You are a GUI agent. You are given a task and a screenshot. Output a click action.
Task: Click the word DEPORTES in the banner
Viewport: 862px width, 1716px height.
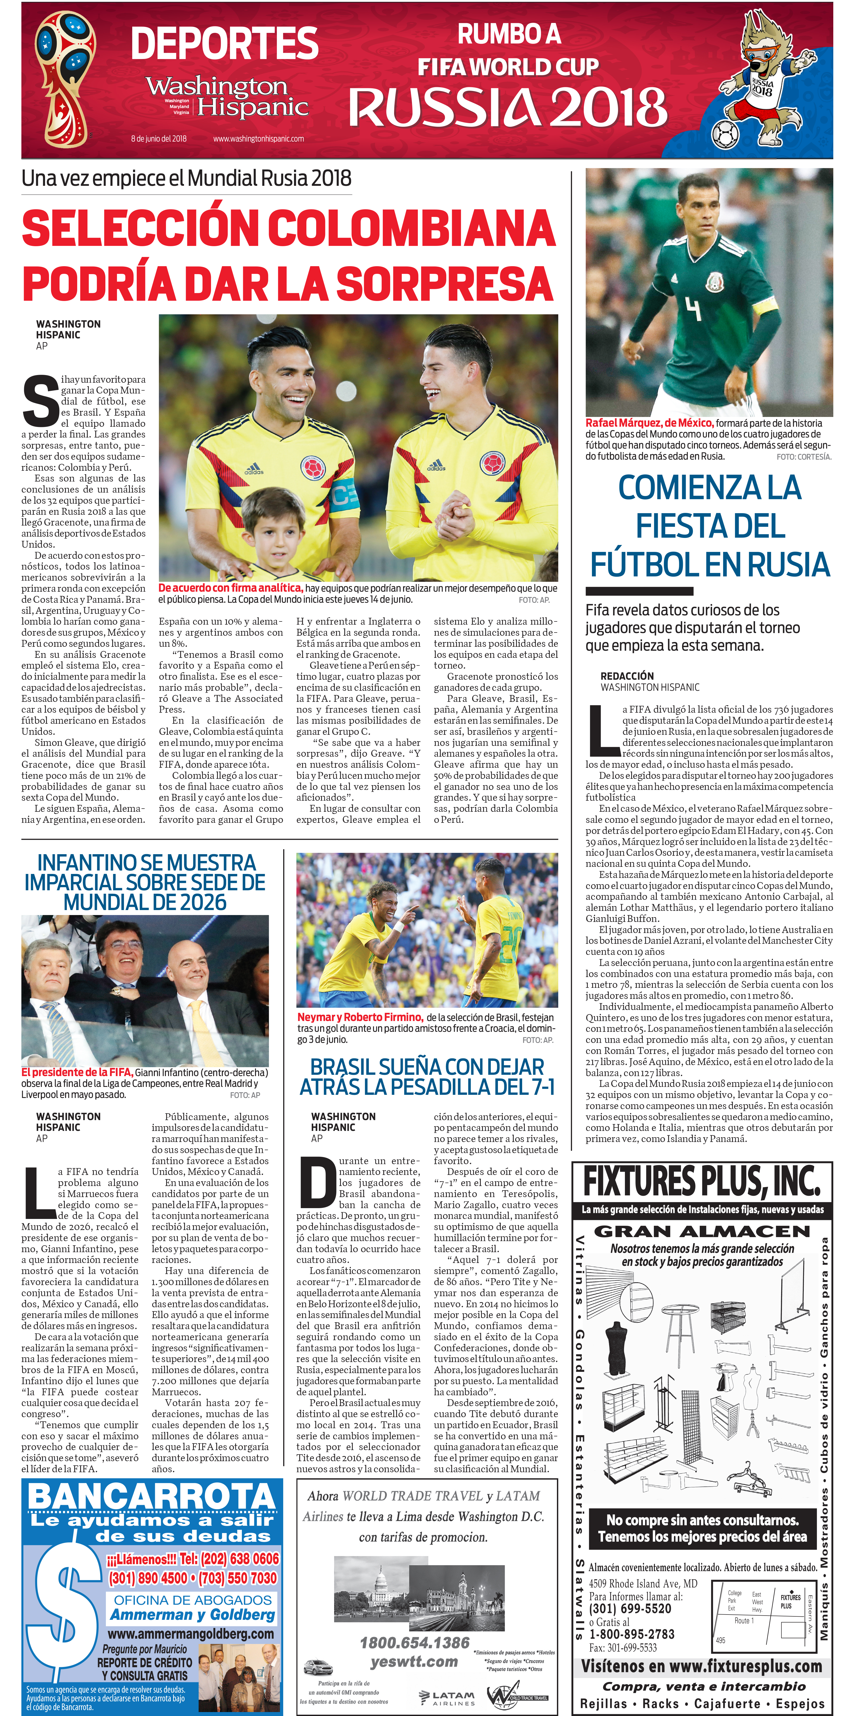(224, 44)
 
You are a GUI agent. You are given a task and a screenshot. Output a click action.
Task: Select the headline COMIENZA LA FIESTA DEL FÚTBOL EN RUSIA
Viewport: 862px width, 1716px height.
(709, 526)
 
